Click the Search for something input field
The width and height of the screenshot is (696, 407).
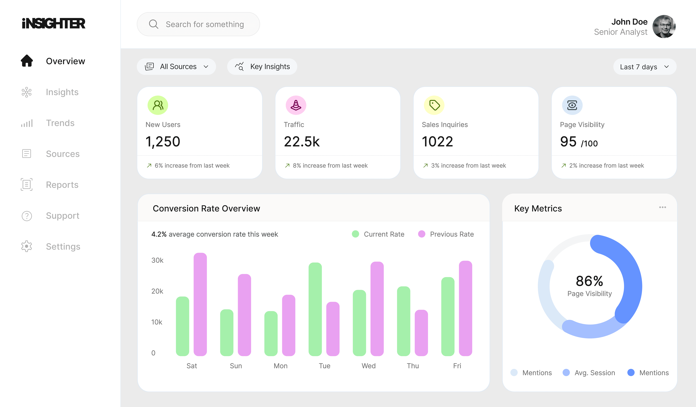(x=204, y=24)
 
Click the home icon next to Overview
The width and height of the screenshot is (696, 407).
(x=27, y=61)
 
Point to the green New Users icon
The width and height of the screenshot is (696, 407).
(x=158, y=105)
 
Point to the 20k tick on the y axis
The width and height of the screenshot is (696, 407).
(x=157, y=291)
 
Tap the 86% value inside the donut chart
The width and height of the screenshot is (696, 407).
(x=589, y=281)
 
